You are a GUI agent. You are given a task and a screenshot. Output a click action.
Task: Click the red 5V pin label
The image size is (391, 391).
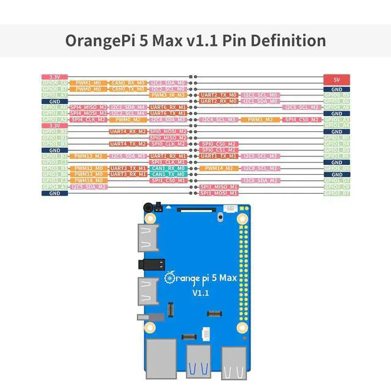337,80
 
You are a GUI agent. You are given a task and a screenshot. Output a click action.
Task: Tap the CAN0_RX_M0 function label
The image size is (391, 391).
128,82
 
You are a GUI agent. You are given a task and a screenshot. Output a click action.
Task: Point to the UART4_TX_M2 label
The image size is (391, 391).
128,144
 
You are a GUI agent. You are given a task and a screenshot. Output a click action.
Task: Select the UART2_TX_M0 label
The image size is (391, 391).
218,95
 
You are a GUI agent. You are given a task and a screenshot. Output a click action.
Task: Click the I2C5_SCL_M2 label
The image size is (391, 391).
301,107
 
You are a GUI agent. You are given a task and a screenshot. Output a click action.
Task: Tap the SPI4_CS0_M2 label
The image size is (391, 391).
301,119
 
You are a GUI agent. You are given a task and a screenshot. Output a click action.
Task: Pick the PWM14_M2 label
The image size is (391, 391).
218,168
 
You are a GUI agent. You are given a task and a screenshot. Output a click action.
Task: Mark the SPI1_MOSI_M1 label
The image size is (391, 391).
218,193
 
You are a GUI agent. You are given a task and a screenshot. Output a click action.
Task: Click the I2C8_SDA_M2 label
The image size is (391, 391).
261,180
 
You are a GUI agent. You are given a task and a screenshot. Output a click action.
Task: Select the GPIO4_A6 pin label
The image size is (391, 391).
337,107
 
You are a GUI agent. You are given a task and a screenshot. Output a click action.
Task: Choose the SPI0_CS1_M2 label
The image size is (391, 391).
218,150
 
